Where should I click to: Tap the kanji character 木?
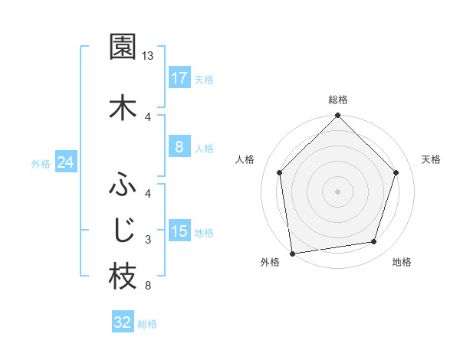pyautogui.click(x=123, y=108)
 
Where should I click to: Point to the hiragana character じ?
pyautogui.click(x=123, y=229)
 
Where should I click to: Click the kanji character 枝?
pyautogui.click(x=123, y=277)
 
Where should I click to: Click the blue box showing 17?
pyautogui.click(x=179, y=78)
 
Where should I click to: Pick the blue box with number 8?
pyautogui.click(x=179, y=147)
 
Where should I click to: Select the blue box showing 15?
pyautogui.click(x=179, y=231)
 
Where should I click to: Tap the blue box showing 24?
pyautogui.click(x=66, y=163)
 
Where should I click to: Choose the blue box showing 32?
pyautogui.click(x=123, y=322)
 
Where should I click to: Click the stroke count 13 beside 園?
pyautogui.click(x=148, y=56)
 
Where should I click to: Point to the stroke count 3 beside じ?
pyautogui.click(x=148, y=240)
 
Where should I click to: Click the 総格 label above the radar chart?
pyautogui.click(x=337, y=100)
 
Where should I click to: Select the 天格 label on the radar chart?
pyautogui.click(x=431, y=159)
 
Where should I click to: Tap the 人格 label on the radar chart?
pyautogui.click(x=245, y=159)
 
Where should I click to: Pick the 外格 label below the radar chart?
pyautogui.click(x=270, y=262)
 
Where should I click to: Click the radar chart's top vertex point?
pyautogui.click(x=337, y=116)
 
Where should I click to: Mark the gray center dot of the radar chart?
pyautogui.click(x=337, y=191)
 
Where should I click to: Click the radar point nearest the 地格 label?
pyautogui.click(x=374, y=242)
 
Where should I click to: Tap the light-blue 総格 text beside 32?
pyautogui.click(x=147, y=324)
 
